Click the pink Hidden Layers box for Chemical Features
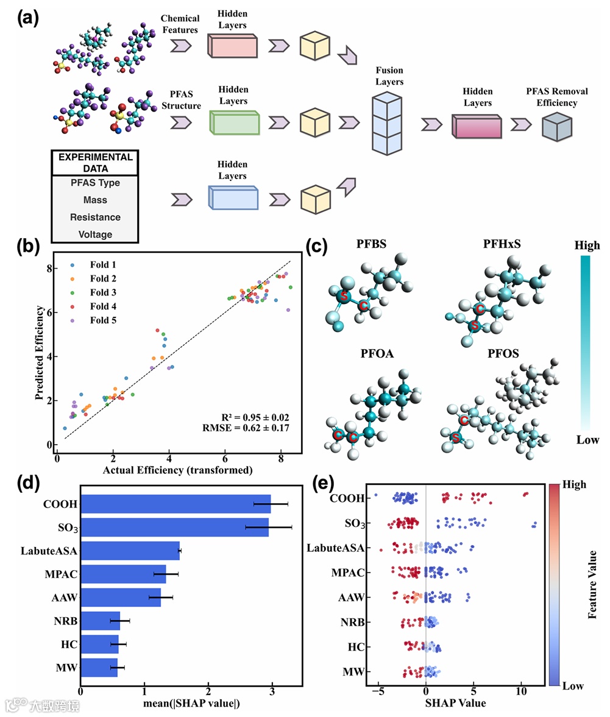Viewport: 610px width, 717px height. pyautogui.click(x=233, y=46)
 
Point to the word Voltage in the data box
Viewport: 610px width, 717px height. pyautogui.click(x=95, y=235)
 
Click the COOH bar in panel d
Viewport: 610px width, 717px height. pyautogui.click(x=176, y=504)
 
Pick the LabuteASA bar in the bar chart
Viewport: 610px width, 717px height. pyautogui.click(x=130, y=551)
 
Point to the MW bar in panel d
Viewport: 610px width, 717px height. pyautogui.click(x=99, y=668)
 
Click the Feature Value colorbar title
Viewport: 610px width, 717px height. pyautogui.click(x=592, y=585)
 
